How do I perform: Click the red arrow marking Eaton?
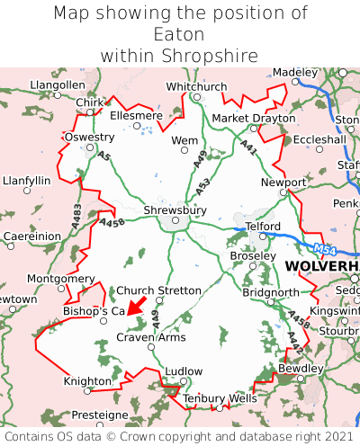point(137,305)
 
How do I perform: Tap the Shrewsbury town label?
point(175,210)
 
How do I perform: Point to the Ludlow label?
point(184,370)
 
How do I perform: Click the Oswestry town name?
point(89,137)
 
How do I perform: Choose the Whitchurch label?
point(196,86)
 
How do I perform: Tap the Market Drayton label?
point(253,118)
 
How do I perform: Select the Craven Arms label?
point(151,337)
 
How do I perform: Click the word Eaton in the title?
point(179,35)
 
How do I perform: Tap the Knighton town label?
point(87,381)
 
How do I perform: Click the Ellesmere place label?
point(136,116)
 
